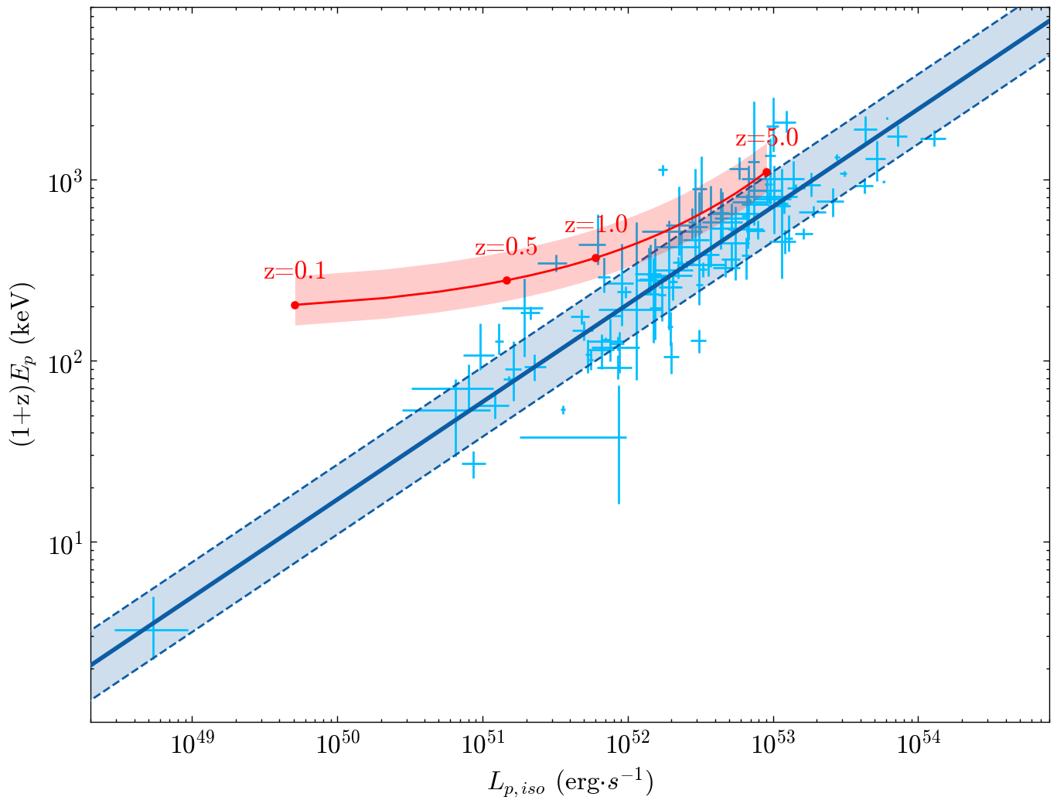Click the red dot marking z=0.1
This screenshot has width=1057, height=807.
click(x=295, y=305)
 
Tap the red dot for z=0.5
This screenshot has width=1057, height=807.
click(x=506, y=280)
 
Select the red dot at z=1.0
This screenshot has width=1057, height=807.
click(x=595, y=258)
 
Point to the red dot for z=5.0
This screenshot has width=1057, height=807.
click(x=766, y=173)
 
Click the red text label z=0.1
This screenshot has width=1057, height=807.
click(x=295, y=272)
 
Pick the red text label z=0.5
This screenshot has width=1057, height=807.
click(x=506, y=248)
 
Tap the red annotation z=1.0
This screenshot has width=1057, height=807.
click(x=595, y=226)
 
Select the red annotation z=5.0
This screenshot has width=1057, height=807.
click(x=766, y=139)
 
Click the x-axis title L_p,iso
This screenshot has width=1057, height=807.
click(x=571, y=783)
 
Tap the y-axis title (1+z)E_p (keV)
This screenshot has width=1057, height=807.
click(x=21, y=364)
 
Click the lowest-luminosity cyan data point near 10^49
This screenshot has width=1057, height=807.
click(x=152, y=630)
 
